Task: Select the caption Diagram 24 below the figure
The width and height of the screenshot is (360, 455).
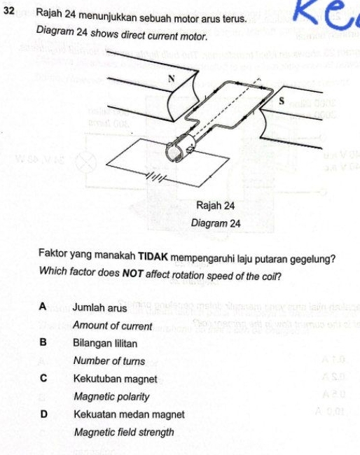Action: coord(216,223)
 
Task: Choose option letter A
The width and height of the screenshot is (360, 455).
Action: coord(43,307)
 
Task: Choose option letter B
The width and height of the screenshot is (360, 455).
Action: coord(43,343)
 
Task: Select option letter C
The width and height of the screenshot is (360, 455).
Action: coord(43,379)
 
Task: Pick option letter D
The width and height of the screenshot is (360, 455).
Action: coord(43,414)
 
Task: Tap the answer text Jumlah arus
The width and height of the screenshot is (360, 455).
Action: coord(99,308)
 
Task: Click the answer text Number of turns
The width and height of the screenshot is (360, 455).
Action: coord(109,361)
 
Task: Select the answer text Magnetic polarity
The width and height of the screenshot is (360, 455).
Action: coord(111,397)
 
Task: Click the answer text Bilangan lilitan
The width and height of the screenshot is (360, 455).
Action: coord(105,344)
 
